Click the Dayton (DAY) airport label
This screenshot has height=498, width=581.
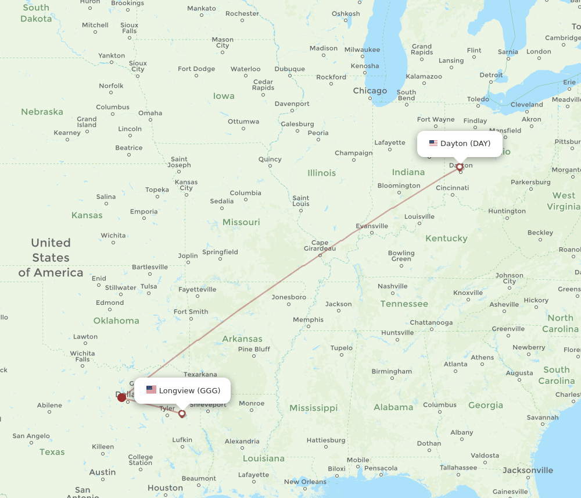click(x=465, y=143)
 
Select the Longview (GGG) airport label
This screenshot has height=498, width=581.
click(x=189, y=390)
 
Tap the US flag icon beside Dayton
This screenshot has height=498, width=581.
click(x=433, y=143)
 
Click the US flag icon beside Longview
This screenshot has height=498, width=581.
click(x=151, y=390)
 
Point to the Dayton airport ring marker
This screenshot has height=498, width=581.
click(x=460, y=167)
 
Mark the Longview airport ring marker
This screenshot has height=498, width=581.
click(x=182, y=414)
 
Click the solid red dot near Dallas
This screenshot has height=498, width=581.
click(x=121, y=397)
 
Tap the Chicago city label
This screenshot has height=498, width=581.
click(x=370, y=91)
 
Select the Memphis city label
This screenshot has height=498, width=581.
click(x=308, y=319)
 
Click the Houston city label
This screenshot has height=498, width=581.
click(x=165, y=488)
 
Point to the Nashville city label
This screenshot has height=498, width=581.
click(x=392, y=286)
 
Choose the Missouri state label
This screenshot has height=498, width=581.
click(x=241, y=222)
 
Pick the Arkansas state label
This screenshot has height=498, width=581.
click(x=242, y=339)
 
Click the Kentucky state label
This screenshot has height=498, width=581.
click(x=446, y=238)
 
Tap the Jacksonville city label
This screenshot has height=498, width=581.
click(x=528, y=470)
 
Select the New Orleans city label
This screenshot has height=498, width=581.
click(x=305, y=482)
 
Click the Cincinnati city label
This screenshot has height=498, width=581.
click(x=452, y=188)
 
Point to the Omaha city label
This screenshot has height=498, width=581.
click(x=150, y=113)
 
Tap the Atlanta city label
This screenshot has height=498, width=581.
click(x=456, y=364)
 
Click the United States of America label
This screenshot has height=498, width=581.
click(x=51, y=257)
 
